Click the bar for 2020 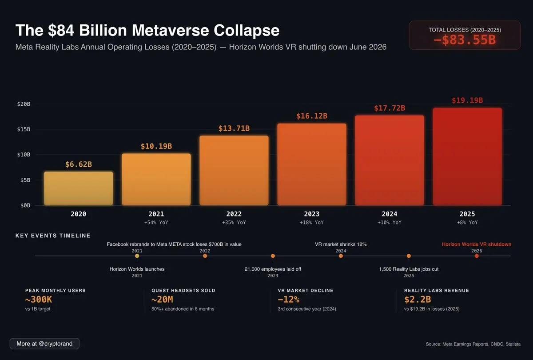[79, 188]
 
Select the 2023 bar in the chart [312, 164]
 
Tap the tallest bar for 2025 [467, 156]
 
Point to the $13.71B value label [234, 128]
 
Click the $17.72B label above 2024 [390, 108]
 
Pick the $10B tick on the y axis [24, 155]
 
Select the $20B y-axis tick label [24, 104]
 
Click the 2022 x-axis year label [234, 214]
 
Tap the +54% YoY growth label [156, 222]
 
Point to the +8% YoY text [467, 222]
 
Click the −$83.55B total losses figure [465, 40]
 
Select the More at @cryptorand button [44, 344]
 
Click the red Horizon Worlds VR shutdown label [477, 244]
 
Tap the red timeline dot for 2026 [477, 256]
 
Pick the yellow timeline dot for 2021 [137, 256]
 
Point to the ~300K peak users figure [39, 300]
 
